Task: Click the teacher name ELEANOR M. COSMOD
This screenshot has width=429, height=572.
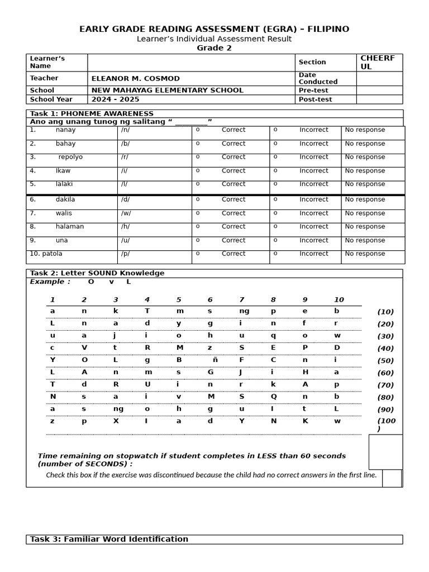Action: pyautogui.click(x=135, y=79)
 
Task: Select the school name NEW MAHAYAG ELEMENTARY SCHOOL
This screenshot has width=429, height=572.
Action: pyautogui.click(x=167, y=90)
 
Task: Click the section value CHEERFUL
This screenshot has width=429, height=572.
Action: pyautogui.click(x=378, y=63)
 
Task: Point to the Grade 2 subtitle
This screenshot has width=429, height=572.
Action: pyautogui.click(x=214, y=48)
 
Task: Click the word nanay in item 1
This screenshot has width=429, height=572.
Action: pyautogui.click(x=65, y=130)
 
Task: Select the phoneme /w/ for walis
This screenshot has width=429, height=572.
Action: pyautogui.click(x=126, y=213)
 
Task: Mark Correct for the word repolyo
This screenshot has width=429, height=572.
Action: pyautogui.click(x=233, y=158)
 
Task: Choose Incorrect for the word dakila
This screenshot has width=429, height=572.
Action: pyautogui.click(x=313, y=200)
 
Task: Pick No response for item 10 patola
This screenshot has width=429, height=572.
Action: pyautogui.click(x=365, y=254)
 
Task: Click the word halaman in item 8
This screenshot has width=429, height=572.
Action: pyautogui.click(x=70, y=227)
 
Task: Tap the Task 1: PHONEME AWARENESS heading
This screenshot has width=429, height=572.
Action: pyautogui.click(x=92, y=114)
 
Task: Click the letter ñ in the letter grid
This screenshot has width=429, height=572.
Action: pyautogui.click(x=215, y=360)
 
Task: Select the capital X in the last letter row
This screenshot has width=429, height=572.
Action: pyautogui.click(x=116, y=421)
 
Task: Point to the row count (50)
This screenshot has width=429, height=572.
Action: pyautogui.click(x=385, y=361)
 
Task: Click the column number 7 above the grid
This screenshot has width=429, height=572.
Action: pyautogui.click(x=241, y=300)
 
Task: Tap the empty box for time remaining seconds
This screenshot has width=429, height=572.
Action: pyautogui.click(x=385, y=452)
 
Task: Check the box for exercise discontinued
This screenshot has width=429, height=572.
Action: pyautogui.click(x=391, y=478)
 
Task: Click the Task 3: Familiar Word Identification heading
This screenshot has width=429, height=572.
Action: pyautogui.click(x=109, y=540)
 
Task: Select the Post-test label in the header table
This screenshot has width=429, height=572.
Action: pyautogui.click(x=315, y=99)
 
